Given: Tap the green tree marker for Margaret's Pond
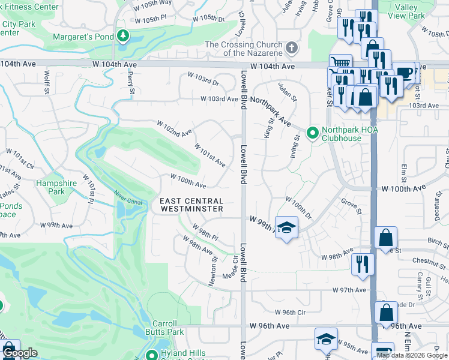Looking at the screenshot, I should [x=123, y=36].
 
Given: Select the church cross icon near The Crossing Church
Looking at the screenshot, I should [x=292, y=48].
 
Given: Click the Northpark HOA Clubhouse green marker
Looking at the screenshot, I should [x=312, y=133].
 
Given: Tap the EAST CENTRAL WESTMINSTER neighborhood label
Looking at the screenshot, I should [x=191, y=205].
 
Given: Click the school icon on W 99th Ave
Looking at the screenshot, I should [x=287, y=227].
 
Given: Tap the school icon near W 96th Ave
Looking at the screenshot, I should [x=326, y=339].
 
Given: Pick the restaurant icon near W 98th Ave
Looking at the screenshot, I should [x=363, y=263].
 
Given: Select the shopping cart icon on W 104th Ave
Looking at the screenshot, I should [x=340, y=64].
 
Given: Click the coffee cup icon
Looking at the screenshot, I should [x=406, y=72].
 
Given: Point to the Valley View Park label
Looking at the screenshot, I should [x=406, y=12].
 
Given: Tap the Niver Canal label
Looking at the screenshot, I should [x=129, y=198].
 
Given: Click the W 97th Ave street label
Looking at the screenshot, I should [x=350, y=290].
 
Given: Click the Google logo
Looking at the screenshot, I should [x=19, y=353].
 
